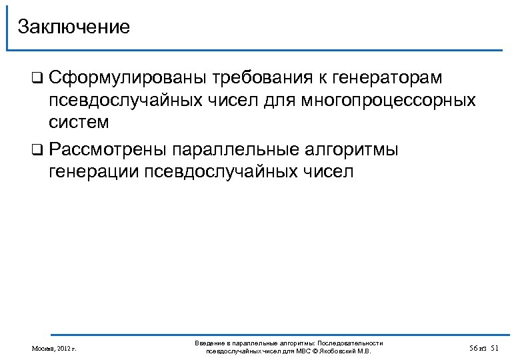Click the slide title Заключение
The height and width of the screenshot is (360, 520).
73,27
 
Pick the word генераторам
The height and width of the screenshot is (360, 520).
385,79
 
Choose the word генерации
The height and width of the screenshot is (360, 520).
93,171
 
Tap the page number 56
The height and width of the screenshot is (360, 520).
473,348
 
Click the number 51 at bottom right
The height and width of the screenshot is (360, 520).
494,348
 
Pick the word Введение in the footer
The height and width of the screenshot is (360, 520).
209,343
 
